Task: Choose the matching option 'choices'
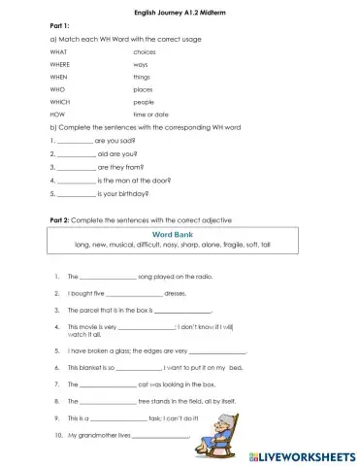click(145, 50)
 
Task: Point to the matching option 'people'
click(144, 101)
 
